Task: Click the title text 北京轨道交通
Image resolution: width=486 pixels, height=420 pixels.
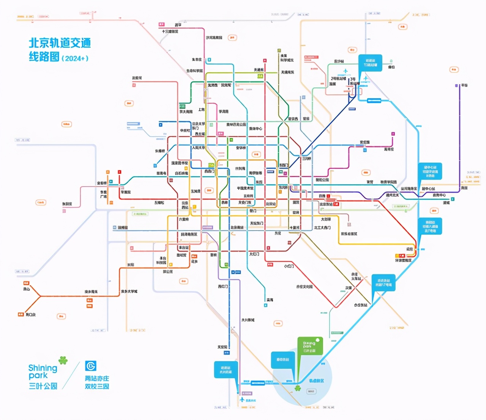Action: point(60,43)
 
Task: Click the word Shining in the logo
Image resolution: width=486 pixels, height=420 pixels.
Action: point(43,368)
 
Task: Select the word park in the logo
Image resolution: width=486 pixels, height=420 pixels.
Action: point(38,376)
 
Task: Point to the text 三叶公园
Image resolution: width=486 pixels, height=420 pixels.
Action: point(43,386)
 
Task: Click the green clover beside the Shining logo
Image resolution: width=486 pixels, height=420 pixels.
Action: point(63,360)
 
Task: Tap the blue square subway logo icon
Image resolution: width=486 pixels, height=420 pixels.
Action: point(91,366)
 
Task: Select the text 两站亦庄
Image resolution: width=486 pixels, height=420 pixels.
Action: point(97,378)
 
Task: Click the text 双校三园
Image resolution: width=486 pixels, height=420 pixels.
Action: point(97,386)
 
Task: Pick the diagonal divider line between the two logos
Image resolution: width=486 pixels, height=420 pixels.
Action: point(71,375)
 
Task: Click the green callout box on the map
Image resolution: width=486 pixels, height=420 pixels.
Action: point(310,345)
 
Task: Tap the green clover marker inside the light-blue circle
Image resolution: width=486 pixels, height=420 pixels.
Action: point(298,388)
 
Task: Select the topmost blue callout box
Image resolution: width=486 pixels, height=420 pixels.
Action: point(370,63)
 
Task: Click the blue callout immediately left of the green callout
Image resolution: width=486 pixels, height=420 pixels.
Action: point(282,359)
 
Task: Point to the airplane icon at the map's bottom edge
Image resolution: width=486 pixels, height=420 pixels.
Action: point(242,400)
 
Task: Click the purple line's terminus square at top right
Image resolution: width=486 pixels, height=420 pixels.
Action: point(456,85)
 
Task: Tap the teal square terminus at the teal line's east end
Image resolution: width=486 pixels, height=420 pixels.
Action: point(453,199)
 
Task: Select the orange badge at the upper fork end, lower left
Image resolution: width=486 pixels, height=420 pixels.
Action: point(26,283)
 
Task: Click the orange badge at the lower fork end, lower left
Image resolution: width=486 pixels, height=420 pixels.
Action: point(21,314)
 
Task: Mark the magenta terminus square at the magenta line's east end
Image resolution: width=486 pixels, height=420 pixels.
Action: point(393,134)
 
